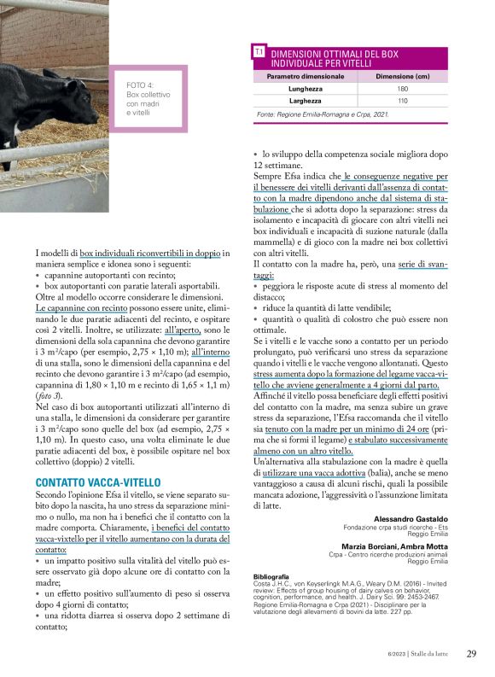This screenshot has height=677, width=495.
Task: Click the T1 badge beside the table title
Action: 259,53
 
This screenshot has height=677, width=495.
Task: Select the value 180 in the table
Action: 403,89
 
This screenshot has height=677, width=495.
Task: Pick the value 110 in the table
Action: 403,101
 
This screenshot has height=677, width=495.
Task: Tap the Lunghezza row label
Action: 306,89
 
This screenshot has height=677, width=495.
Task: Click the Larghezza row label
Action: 306,101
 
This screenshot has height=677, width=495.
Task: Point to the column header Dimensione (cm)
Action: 403,77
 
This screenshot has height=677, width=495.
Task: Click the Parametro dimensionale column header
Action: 306,77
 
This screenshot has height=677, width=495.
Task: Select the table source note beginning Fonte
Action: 312,114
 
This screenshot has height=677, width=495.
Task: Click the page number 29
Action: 471,654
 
